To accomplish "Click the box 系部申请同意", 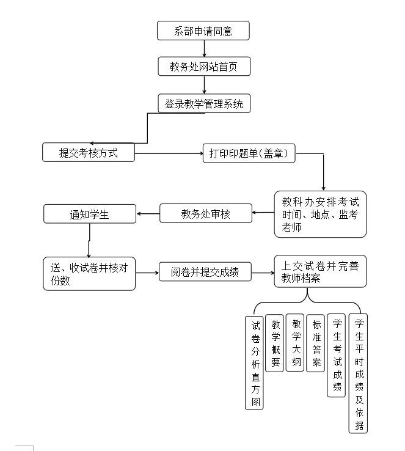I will click(x=203, y=31).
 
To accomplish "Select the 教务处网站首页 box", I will click(x=203, y=66).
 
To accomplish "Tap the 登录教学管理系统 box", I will click(x=203, y=103).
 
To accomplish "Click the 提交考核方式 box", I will click(x=89, y=152).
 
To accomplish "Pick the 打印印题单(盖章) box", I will click(x=249, y=153).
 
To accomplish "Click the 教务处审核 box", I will click(x=206, y=213).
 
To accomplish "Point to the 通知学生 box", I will click(x=89, y=214).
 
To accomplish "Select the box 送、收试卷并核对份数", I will click(x=89, y=273).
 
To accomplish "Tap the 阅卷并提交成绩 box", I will click(x=205, y=271).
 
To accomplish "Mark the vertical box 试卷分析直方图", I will click(x=255, y=362).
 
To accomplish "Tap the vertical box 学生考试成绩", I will click(x=336, y=355).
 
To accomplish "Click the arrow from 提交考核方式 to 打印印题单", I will click(x=169, y=153).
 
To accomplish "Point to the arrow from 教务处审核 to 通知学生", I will click(x=148, y=214).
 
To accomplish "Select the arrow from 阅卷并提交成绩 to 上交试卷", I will click(x=263, y=272).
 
